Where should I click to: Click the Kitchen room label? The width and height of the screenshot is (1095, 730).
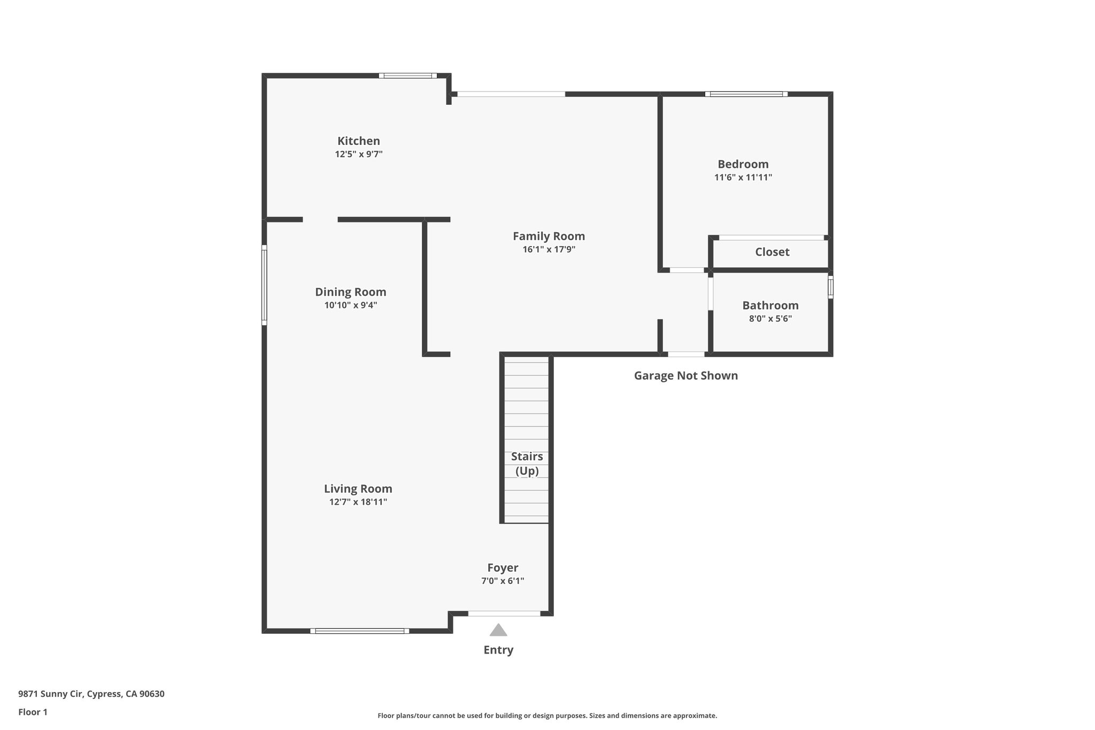(x=358, y=141)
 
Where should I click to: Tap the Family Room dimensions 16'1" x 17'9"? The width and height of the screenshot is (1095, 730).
(x=549, y=249)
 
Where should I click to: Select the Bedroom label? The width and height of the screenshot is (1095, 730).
(x=743, y=164)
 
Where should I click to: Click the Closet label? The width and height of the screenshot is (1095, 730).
(x=772, y=252)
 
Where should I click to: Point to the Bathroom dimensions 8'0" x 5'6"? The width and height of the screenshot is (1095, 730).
(x=770, y=319)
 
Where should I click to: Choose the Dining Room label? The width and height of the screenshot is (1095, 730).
(x=350, y=292)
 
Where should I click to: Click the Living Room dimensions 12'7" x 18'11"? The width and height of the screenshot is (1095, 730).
(x=358, y=502)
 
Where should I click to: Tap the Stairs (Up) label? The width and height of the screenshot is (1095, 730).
(x=527, y=463)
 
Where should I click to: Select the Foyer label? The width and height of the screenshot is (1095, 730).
(x=502, y=568)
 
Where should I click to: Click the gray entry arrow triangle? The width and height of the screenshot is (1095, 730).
(x=498, y=631)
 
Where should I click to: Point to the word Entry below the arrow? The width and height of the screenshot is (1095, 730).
(x=498, y=650)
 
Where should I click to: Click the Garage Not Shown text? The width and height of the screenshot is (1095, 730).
(x=685, y=375)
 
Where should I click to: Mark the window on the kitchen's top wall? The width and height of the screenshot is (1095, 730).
(x=407, y=76)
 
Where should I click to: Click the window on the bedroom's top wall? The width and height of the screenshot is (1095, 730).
(x=746, y=94)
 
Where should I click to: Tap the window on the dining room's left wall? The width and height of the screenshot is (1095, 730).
(x=264, y=285)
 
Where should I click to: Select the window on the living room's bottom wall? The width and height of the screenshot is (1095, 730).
(x=359, y=631)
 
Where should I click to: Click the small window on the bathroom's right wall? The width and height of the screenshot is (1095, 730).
(x=830, y=287)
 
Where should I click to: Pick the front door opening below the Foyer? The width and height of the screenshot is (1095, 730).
(x=504, y=613)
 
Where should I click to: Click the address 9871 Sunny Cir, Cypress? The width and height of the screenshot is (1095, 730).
(x=91, y=694)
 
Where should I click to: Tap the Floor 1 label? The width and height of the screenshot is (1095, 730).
(x=33, y=712)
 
